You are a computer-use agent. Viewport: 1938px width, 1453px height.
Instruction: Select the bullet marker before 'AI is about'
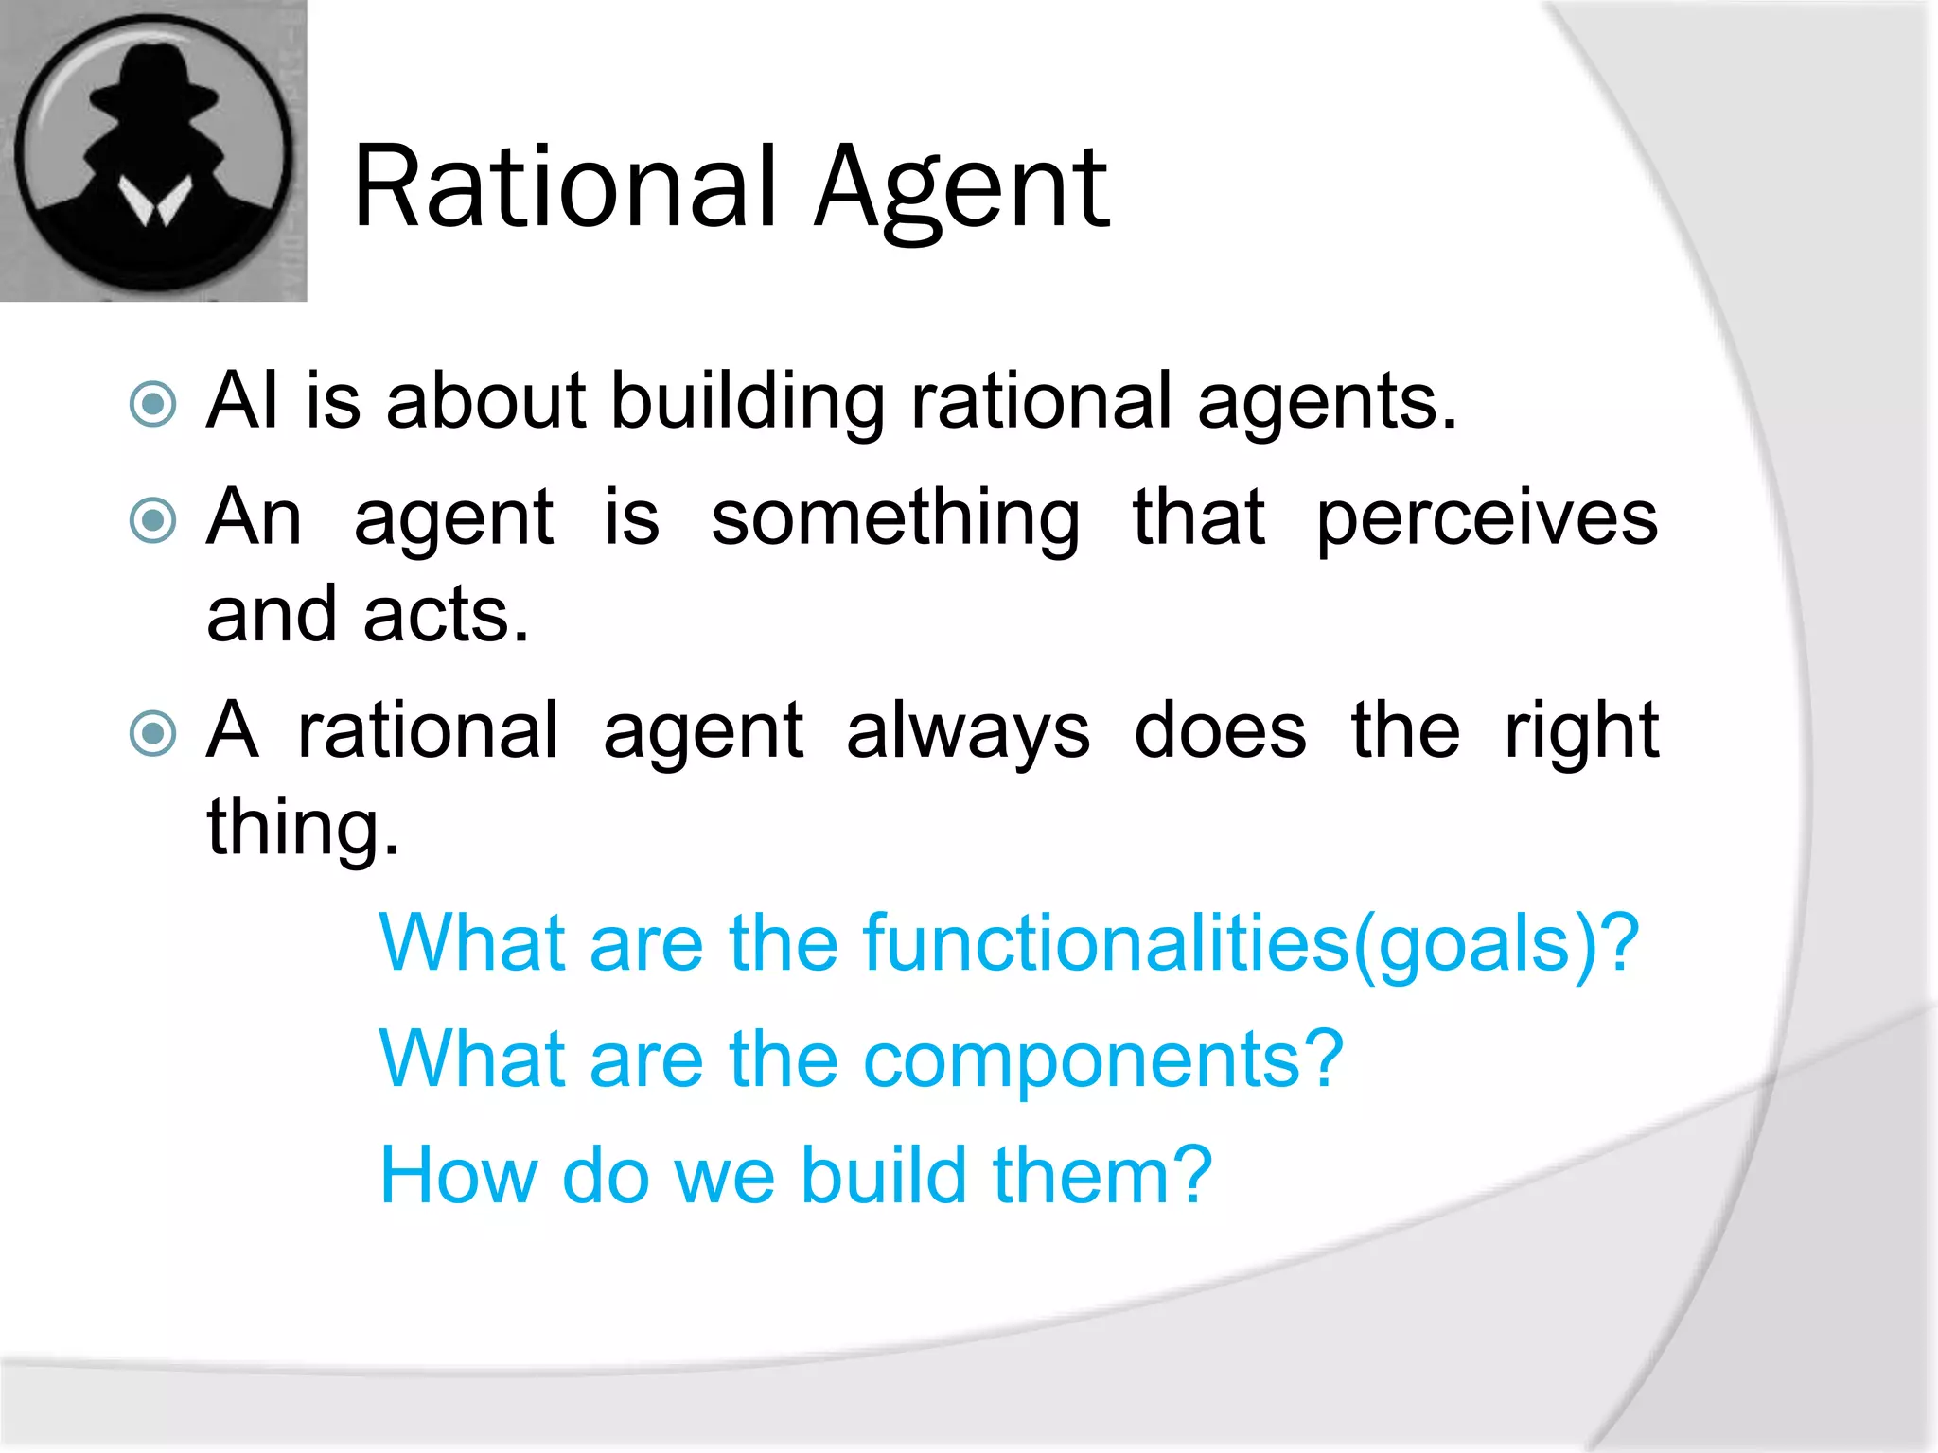152,404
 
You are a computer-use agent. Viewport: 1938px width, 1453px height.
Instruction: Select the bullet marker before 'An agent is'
152,520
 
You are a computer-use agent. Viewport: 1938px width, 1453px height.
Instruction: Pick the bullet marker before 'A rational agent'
152,733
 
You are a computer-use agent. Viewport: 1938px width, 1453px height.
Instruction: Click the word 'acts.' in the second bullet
446,616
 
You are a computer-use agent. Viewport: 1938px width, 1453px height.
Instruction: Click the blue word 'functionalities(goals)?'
1250,944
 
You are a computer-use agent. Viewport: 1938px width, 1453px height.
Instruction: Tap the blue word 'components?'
1103,1060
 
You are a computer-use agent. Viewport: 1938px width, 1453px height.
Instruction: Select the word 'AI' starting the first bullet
242,402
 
